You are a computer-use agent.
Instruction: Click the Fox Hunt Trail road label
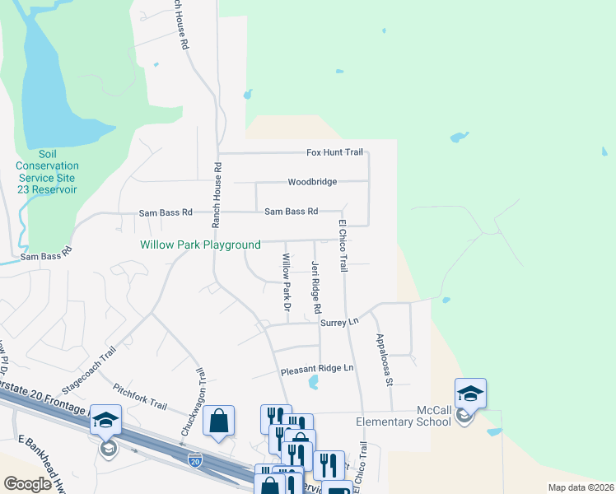(x=334, y=152)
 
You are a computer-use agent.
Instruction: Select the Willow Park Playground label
(x=200, y=245)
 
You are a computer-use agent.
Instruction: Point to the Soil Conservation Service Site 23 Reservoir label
(x=46, y=172)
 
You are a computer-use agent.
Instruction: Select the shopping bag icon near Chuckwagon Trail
(x=218, y=422)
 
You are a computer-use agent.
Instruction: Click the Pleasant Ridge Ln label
(x=315, y=368)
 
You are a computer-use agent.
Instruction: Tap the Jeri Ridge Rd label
(x=315, y=287)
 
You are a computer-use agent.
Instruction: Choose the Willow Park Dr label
(x=287, y=281)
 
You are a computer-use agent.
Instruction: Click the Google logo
(x=27, y=484)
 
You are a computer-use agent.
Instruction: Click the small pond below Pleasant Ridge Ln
(x=314, y=381)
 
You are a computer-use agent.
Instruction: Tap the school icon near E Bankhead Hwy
(x=106, y=422)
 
